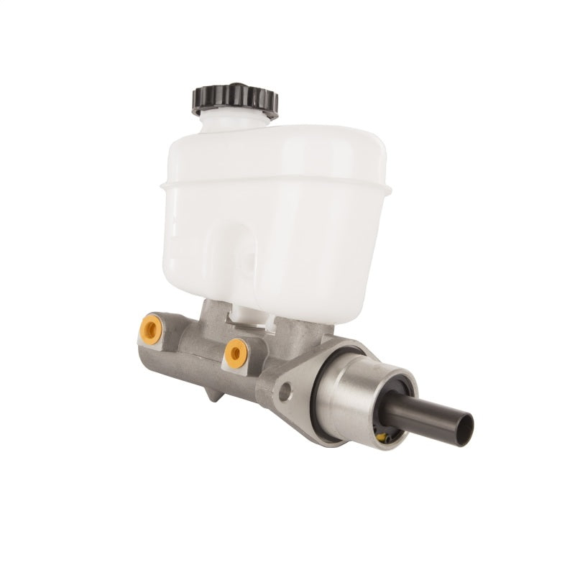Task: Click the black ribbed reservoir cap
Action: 234,99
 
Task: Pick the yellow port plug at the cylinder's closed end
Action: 149,328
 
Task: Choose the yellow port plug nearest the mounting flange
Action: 235,352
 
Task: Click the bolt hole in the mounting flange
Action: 285,392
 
